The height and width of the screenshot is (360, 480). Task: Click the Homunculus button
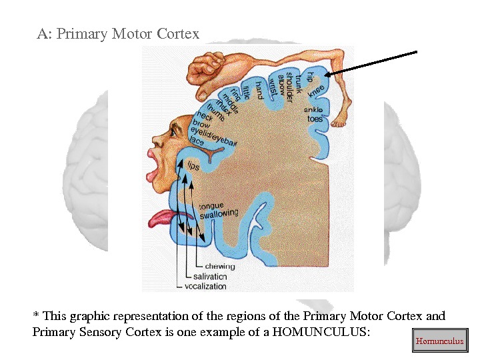pyautogui.click(x=439, y=341)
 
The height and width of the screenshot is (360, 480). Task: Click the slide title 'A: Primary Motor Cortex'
pyautogui.click(x=118, y=33)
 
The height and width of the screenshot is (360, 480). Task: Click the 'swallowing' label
pyautogui.click(x=219, y=213)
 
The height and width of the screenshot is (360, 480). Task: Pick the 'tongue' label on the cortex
pyautogui.click(x=211, y=205)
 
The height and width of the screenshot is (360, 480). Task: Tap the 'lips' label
pyautogui.click(x=193, y=165)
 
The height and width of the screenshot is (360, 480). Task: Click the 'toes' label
pyautogui.click(x=315, y=119)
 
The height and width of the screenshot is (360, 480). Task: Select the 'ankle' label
pyautogui.click(x=313, y=109)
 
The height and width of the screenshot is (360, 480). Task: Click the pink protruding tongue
pyautogui.click(x=161, y=218)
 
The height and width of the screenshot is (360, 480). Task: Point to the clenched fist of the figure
pyautogui.click(x=200, y=67)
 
